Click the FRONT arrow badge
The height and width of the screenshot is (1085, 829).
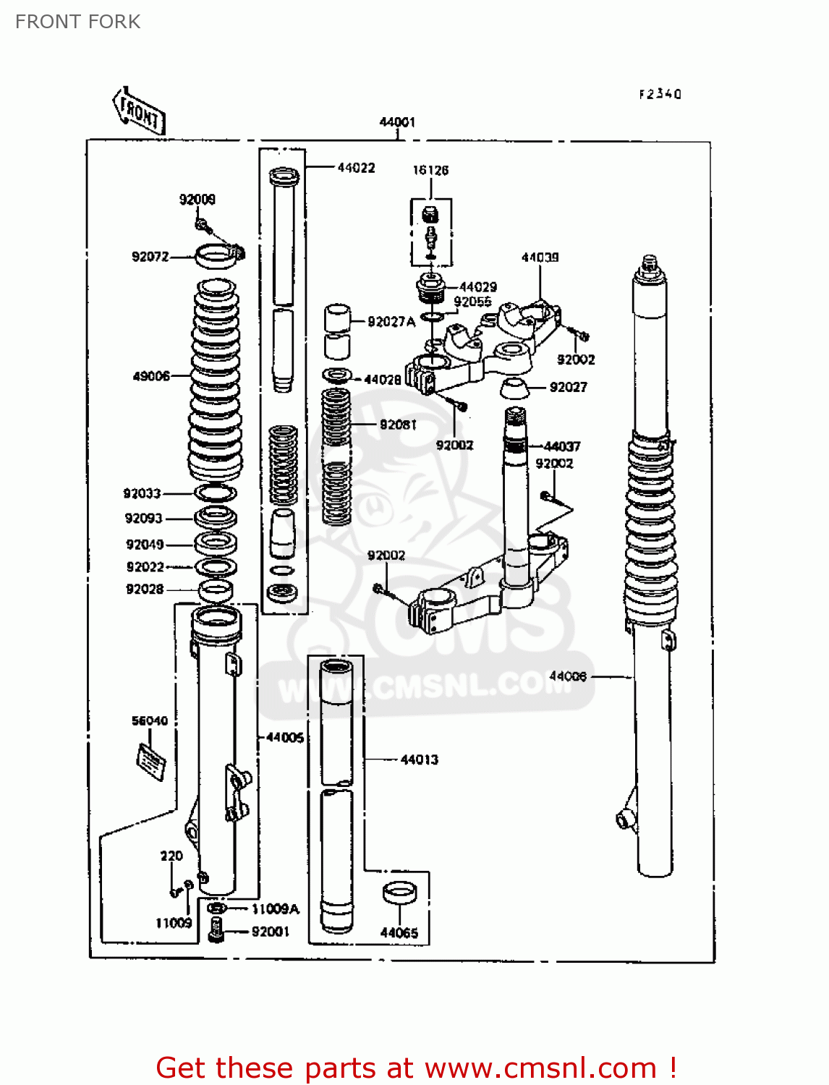pyautogui.click(x=139, y=111)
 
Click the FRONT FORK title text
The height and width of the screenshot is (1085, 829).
pyautogui.click(x=77, y=22)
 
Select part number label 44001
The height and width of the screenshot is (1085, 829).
pyautogui.click(x=397, y=122)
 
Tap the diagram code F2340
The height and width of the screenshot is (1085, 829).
pyautogui.click(x=660, y=94)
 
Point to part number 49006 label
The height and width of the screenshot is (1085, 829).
pyautogui.click(x=151, y=376)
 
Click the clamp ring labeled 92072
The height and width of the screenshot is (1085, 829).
pyautogui.click(x=217, y=256)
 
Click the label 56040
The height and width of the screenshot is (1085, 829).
pyautogui.click(x=149, y=720)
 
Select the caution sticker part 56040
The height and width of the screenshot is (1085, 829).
pyautogui.click(x=151, y=761)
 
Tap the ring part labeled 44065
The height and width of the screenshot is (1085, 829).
pyautogui.click(x=399, y=893)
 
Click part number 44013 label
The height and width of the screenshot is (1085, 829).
pyautogui.click(x=419, y=759)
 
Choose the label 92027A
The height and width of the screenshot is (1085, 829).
pyautogui.click(x=391, y=322)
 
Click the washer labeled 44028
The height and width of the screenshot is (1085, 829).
pyautogui.click(x=337, y=376)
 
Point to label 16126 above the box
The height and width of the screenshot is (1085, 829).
pyautogui.click(x=430, y=170)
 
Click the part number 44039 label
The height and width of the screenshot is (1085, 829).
pyautogui.click(x=540, y=258)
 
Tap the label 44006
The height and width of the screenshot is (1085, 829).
pyautogui.click(x=568, y=676)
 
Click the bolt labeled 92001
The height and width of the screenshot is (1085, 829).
pyautogui.click(x=216, y=929)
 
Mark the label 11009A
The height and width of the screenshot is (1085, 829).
pyautogui.click(x=275, y=909)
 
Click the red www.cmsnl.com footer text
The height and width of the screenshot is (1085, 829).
pyautogui.click(x=416, y=1068)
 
